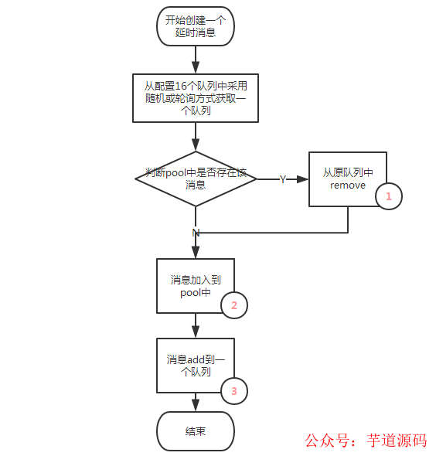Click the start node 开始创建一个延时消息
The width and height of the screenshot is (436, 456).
[195, 26]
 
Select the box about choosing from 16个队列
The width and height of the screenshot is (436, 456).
[195, 97]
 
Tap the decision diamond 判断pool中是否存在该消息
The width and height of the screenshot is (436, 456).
[195, 179]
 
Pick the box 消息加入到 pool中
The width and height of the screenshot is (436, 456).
[195, 285]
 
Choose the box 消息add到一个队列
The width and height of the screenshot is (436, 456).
[195, 365]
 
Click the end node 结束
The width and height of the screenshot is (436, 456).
[195, 431]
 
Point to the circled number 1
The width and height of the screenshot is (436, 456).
[388, 196]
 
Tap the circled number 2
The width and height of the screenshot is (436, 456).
[234, 305]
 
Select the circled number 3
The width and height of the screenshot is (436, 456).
[234, 391]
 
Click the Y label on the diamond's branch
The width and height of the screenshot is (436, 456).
[283, 179]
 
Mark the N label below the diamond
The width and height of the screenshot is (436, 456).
[196, 232]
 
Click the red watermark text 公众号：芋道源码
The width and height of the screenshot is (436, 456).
[366, 441]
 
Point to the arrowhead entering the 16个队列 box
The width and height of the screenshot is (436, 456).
[196, 69]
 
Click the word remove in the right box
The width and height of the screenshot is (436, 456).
[347, 185]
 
